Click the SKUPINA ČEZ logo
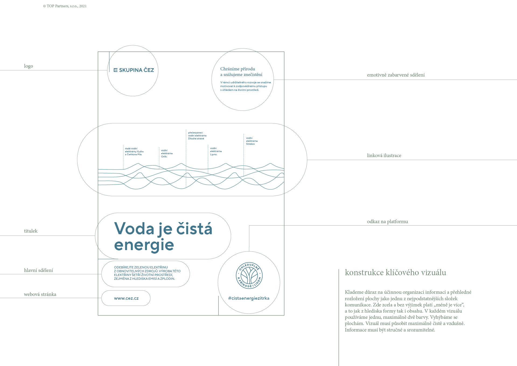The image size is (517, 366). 134,70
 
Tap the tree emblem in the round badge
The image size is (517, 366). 249,275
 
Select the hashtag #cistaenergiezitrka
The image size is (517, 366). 249,298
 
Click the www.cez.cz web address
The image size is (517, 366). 126,298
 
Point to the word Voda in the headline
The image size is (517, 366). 134,229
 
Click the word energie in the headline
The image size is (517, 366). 144,245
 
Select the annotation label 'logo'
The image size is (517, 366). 29,66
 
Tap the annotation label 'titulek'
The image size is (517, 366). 31,231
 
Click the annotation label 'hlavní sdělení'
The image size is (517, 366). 39,270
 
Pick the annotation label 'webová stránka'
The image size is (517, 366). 40,294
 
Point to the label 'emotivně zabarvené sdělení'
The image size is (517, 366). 396,75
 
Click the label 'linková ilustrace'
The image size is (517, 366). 384,156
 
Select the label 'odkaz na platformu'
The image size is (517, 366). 387,222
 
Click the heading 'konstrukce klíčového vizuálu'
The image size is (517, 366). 395,272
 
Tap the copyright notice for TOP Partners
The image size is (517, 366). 65,6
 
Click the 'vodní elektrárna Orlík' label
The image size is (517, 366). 167,153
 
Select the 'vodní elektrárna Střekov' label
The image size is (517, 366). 251,141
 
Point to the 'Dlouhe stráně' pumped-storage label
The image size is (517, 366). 197,136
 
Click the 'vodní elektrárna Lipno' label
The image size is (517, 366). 216,151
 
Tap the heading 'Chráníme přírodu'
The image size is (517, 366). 237,69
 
